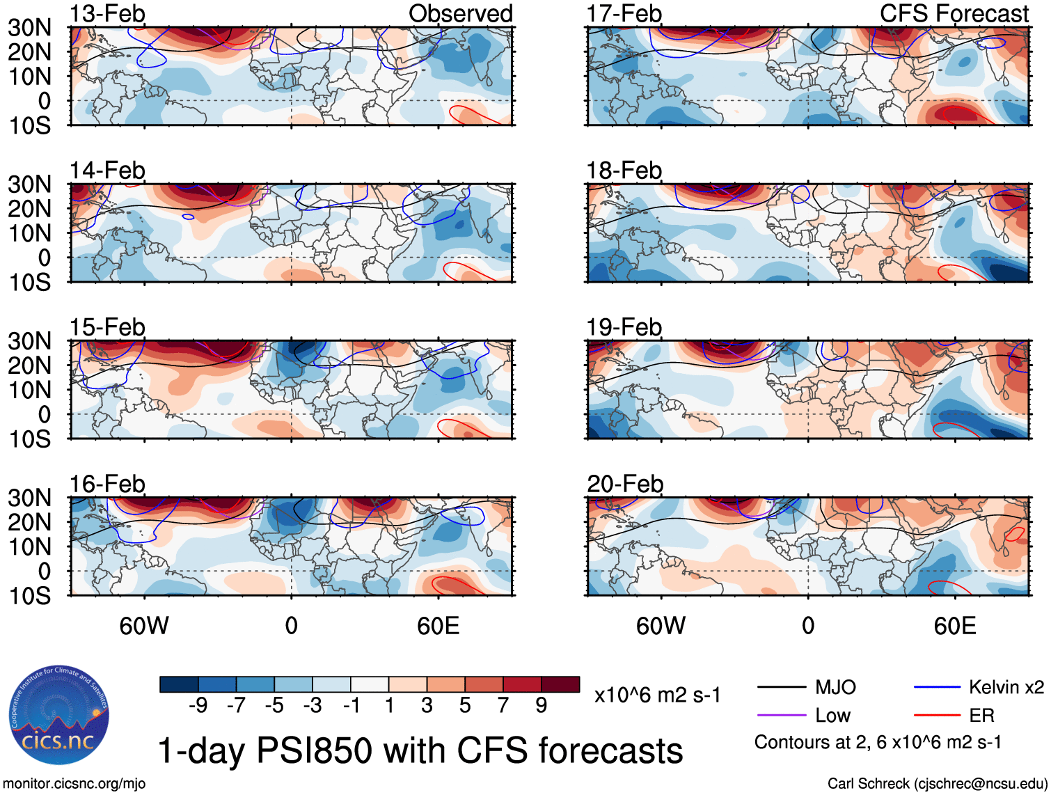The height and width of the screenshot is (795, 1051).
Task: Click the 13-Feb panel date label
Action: click(107, 14)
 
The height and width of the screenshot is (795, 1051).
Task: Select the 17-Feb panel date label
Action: click(624, 14)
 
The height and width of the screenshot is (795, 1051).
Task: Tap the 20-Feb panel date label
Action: click(625, 484)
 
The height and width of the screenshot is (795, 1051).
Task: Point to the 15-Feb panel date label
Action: click(107, 327)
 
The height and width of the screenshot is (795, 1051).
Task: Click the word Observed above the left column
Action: click(460, 14)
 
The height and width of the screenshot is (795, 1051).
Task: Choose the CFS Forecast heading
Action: click(954, 14)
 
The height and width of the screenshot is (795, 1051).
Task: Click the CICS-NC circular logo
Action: click(59, 716)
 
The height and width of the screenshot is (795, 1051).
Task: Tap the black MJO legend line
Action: click(782, 688)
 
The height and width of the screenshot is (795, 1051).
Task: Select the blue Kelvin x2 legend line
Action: click(937, 688)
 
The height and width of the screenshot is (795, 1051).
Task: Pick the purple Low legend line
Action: click(782, 715)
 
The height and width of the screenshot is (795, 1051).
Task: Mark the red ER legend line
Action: click(937, 715)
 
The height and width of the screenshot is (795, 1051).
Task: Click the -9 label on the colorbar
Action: click(198, 706)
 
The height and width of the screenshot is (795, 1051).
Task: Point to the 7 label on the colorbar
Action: click(503, 706)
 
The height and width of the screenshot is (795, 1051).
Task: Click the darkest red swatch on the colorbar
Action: click(560, 684)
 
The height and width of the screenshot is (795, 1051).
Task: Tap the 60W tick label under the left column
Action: click(144, 626)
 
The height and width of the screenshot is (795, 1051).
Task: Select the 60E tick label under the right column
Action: click(954, 626)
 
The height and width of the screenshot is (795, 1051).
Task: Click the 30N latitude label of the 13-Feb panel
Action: click(30, 28)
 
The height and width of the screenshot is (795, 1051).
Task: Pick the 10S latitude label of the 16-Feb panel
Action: click(30, 596)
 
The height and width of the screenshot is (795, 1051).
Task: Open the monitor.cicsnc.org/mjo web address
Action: click(74, 784)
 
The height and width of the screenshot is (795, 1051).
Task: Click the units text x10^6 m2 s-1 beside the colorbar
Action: click(657, 695)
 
